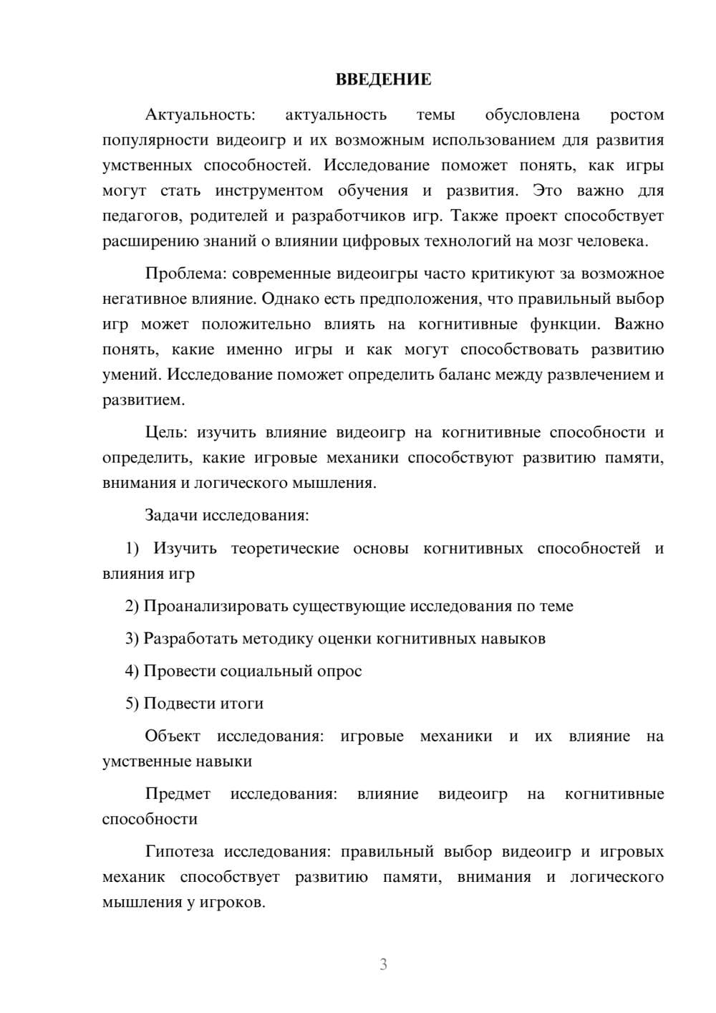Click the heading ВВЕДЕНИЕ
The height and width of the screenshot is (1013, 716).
[x=383, y=80]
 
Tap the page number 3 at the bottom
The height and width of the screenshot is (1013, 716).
[x=383, y=964]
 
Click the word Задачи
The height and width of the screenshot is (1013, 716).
[x=172, y=515]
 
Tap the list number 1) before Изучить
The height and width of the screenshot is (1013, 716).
[x=132, y=548]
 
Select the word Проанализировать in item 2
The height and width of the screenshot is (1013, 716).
[x=216, y=606]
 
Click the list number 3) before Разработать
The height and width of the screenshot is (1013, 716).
[x=132, y=638]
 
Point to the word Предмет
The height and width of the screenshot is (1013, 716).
[x=178, y=794]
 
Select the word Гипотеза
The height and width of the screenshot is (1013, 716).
[x=179, y=852]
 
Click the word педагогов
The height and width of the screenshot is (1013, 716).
[x=142, y=216]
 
